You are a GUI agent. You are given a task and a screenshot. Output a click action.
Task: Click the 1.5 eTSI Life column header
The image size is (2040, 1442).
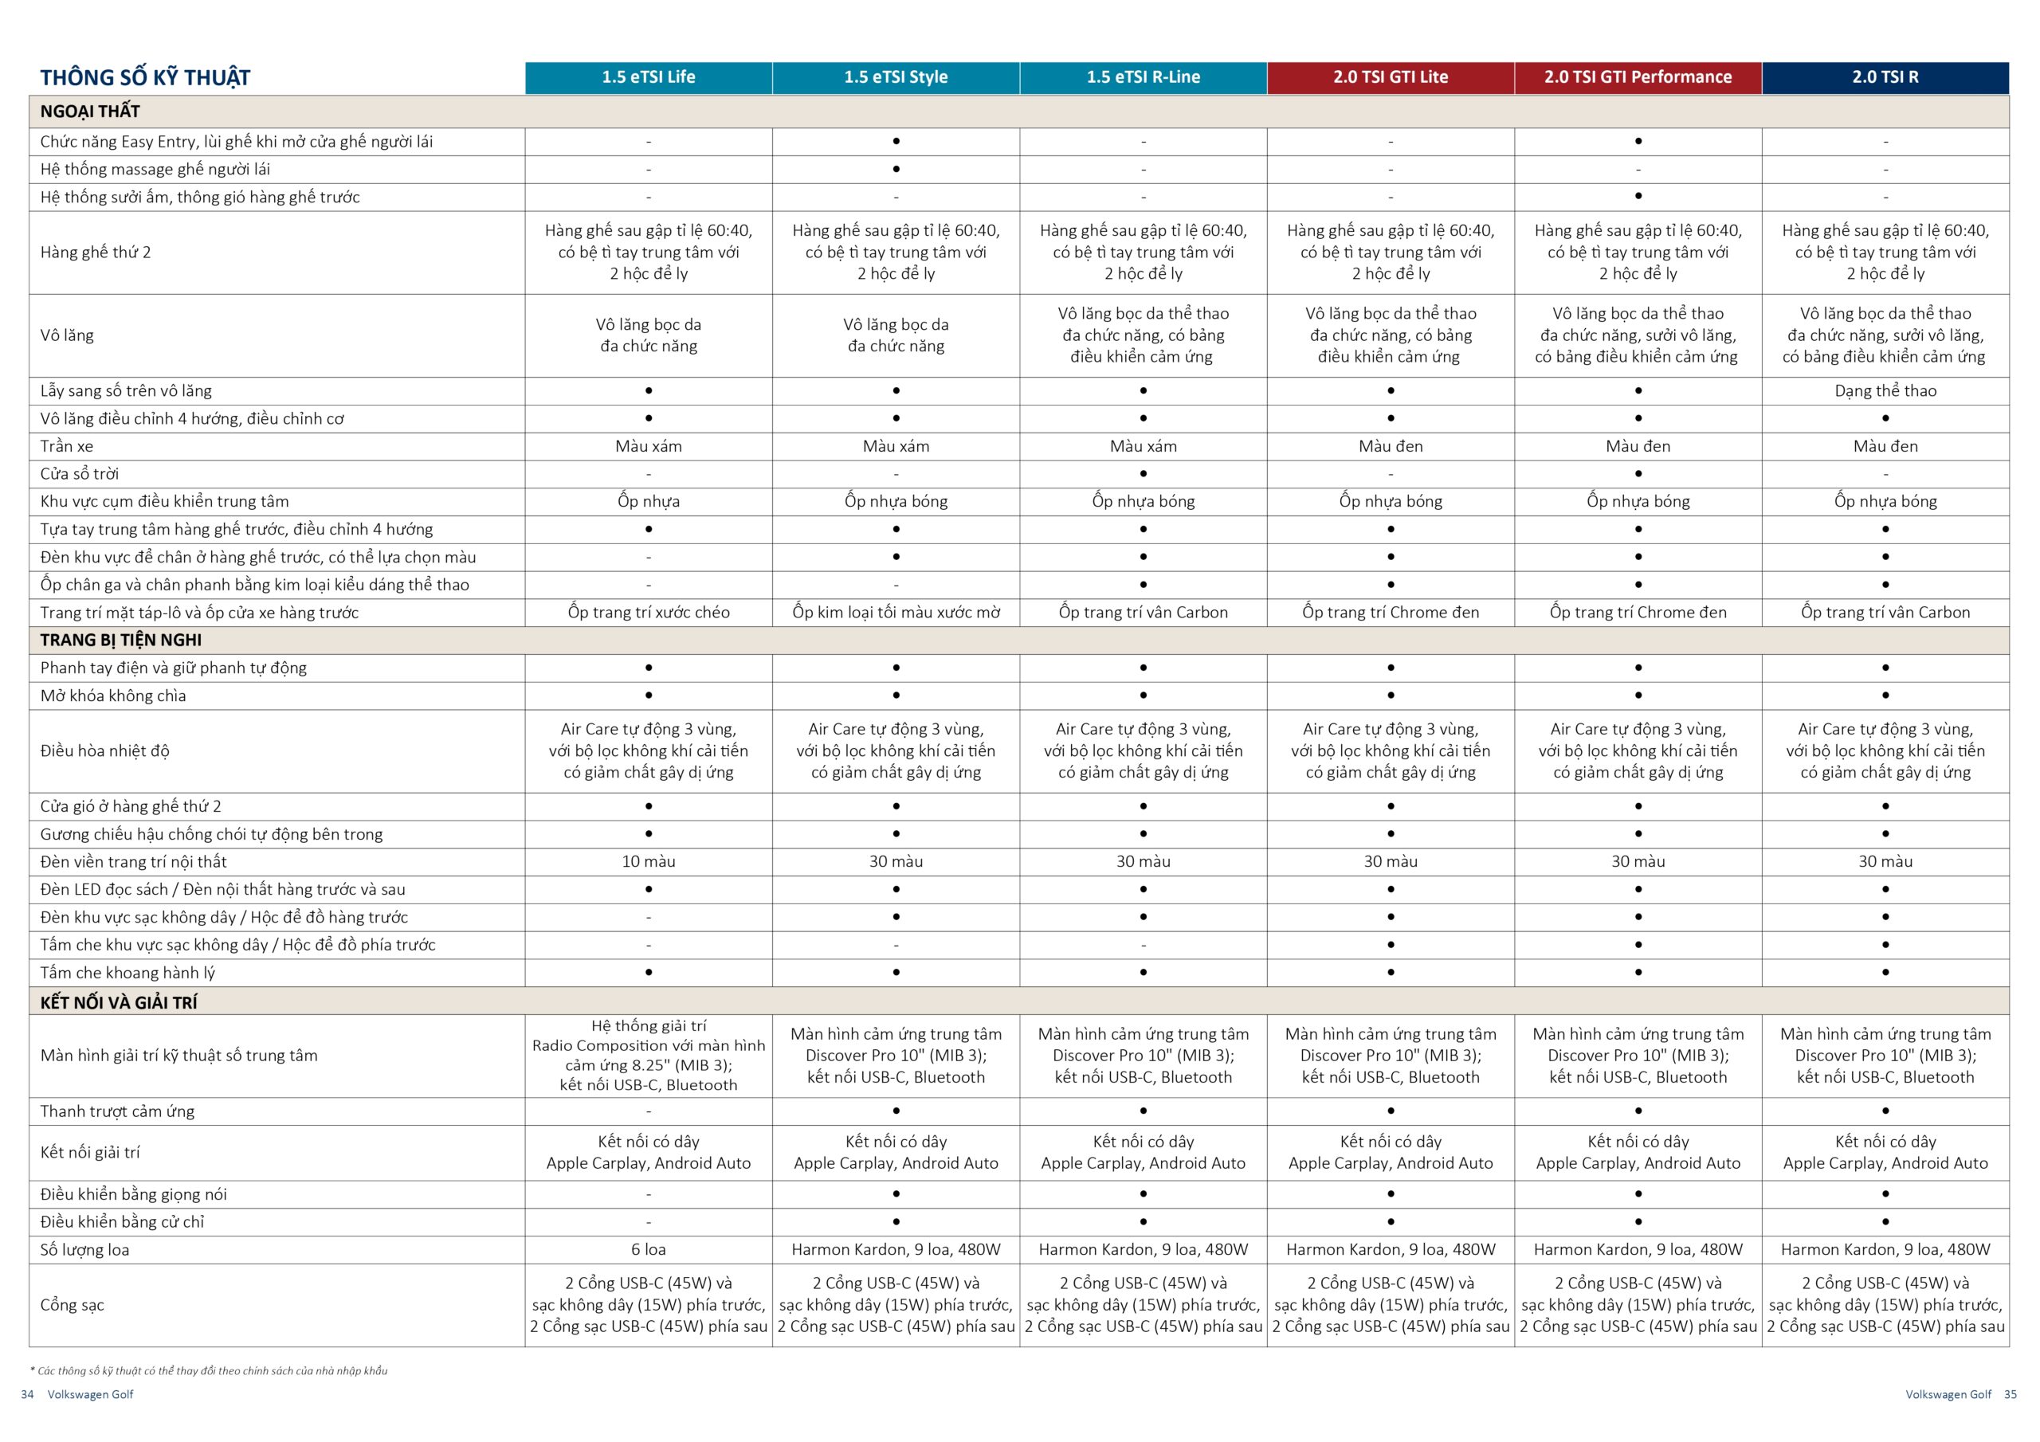coord(648,77)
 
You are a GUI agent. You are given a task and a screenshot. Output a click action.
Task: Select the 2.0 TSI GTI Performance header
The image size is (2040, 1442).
coord(1638,77)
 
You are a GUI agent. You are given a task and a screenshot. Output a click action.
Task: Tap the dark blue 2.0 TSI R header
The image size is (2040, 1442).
coord(1885,77)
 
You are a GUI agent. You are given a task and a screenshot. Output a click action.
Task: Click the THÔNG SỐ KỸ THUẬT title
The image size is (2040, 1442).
coord(145,78)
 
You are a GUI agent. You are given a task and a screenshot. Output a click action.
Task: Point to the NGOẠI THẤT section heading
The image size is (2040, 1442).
coord(90,111)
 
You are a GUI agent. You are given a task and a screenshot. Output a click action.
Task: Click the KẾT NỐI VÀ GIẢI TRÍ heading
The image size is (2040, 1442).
coord(118,1002)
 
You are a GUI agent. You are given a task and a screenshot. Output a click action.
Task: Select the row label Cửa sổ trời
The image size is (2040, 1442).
coord(79,473)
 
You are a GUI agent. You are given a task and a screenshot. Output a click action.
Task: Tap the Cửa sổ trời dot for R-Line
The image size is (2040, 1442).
coord(1143,473)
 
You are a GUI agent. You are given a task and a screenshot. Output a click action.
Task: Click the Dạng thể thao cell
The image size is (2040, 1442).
coord(1885,391)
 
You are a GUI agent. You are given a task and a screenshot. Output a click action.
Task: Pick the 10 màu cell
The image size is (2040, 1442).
coord(648,861)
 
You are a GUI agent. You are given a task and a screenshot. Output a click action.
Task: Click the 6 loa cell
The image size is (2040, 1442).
coord(648,1249)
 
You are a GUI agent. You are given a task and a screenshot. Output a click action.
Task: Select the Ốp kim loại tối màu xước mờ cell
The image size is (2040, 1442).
coord(896,612)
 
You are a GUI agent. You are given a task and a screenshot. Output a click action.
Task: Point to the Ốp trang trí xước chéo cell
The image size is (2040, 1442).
coord(648,612)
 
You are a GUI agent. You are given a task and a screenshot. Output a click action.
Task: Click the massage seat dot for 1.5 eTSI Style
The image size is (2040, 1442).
coord(896,169)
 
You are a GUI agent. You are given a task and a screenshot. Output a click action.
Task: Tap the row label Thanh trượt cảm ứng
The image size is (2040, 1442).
coord(117,1111)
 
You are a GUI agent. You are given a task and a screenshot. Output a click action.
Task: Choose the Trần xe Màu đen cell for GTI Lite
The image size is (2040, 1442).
coord(1391,446)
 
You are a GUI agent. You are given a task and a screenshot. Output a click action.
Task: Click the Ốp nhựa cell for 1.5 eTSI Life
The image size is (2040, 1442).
coord(648,501)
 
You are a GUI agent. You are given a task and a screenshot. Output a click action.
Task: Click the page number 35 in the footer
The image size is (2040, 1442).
coord(2010,1394)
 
